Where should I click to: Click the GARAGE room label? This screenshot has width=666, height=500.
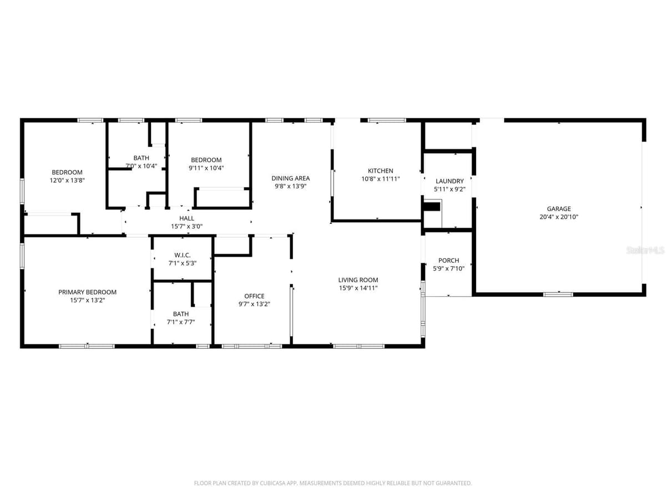[558, 209]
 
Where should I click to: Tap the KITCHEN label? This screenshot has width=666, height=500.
[380, 171]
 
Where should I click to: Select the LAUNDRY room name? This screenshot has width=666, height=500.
[450, 181]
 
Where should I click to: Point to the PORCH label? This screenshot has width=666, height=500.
[448, 261]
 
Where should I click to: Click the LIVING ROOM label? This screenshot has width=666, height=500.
[358, 280]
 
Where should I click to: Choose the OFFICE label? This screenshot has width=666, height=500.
[254, 296]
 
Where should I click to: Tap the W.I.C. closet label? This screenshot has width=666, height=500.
[183, 255]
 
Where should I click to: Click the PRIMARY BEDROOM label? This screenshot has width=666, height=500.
[87, 292]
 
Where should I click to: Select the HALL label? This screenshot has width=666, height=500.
[186, 218]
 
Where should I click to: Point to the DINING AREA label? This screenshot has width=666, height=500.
[290, 178]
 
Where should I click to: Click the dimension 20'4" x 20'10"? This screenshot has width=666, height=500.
[558, 217]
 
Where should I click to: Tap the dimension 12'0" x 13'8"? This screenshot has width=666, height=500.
[67, 181]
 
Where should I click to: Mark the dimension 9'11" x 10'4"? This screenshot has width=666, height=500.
[206, 168]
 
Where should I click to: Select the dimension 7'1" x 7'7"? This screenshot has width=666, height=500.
[180, 322]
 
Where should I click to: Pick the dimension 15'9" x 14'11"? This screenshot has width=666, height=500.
[358, 288]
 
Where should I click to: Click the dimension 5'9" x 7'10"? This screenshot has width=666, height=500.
[448, 268]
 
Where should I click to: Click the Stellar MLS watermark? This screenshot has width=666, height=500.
[645, 251]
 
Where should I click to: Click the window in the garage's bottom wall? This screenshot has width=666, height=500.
[558, 294]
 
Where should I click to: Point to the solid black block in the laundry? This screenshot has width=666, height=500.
[431, 207]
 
